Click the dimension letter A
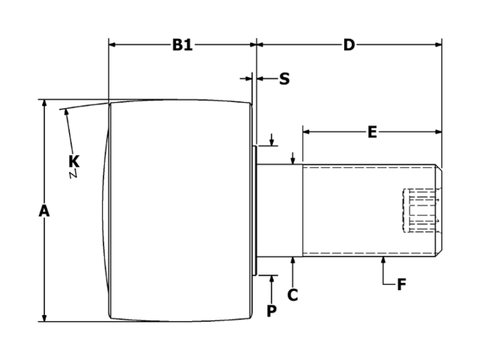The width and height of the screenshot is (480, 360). pos(44,212)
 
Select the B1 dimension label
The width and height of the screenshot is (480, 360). pos(182,45)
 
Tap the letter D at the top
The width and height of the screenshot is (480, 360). pos(349,45)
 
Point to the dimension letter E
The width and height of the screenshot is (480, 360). pos(372,133)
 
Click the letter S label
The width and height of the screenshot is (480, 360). pos(284,79)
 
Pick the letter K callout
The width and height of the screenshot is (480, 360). pos(74,160)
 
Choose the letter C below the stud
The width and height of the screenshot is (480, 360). pos(292,295)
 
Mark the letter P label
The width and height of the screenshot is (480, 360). pos(271,310)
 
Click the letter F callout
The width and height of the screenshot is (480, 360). pos(401,285)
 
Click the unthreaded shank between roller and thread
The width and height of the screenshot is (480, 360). pos(280,210)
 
